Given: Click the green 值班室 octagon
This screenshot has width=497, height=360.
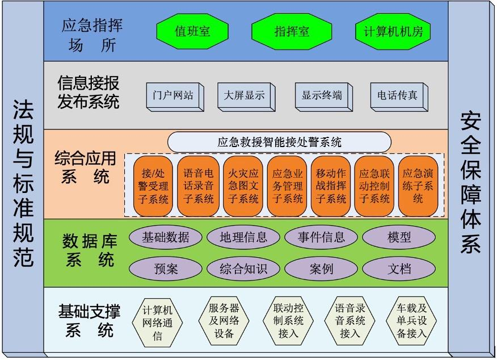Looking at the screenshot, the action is pos(192,31).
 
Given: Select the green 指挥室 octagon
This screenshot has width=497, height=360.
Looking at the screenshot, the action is pos(292,31).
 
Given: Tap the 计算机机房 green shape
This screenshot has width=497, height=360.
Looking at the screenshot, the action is pos(393,31).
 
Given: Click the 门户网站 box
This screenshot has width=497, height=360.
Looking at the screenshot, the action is pos(175,97).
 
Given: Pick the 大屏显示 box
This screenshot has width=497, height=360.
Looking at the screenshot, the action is pos(246,97).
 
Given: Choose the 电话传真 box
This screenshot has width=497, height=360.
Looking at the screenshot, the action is pos(399,97).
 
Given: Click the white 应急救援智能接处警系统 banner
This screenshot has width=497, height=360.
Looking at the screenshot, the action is pos(279,142).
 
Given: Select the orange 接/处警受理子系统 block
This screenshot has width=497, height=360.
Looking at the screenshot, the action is pos(153,186).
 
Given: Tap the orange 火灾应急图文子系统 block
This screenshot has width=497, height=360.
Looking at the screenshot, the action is pos(243,186).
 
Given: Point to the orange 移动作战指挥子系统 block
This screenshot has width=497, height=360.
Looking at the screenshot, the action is pos(331,186).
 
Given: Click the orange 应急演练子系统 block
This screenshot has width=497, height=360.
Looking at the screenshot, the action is pos(418,186).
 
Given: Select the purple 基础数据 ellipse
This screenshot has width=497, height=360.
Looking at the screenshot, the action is pos(166,237).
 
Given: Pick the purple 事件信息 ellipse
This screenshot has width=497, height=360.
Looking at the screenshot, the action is pos(321,237).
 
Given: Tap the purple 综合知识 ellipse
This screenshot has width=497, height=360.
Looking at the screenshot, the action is pos(243,269).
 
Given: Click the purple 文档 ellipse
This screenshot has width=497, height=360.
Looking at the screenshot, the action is pos(399,269).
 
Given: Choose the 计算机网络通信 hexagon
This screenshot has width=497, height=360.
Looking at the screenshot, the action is pos(157,323).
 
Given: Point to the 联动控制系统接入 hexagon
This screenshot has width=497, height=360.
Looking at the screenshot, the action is pos(288,321).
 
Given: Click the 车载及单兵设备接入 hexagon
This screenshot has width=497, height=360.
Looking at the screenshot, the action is pos(411,321).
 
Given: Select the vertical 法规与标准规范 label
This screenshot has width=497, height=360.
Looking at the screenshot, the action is pos(23,183).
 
